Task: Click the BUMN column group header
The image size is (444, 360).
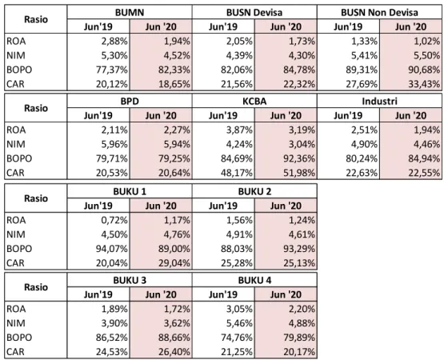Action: (x=130, y=13)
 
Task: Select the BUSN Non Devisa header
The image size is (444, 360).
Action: (x=379, y=13)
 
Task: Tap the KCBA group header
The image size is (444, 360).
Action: (x=254, y=101)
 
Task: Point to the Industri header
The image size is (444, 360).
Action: (x=379, y=101)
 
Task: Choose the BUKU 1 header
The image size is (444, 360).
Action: (x=130, y=191)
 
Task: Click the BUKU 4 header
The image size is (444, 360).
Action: (x=254, y=280)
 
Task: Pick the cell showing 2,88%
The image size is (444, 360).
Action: (x=114, y=42)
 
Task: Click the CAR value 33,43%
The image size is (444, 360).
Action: (x=424, y=84)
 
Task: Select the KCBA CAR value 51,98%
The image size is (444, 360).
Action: (x=299, y=173)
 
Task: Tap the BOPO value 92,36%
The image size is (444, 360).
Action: (x=299, y=158)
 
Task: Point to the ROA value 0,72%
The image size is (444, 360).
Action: (x=114, y=220)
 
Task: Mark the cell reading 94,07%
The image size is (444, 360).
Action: (x=111, y=249)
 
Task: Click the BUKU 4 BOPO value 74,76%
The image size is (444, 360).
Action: (x=237, y=338)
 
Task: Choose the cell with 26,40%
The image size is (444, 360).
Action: (x=174, y=352)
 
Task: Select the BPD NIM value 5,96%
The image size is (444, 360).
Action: (x=114, y=144)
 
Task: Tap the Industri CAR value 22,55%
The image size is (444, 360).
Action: (x=424, y=173)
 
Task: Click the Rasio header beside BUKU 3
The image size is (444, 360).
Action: (x=36, y=287)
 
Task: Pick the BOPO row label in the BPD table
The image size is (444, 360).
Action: (x=19, y=158)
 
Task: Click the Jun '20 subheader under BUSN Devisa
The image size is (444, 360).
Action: (x=286, y=26)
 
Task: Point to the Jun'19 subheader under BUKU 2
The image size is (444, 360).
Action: (x=223, y=206)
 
